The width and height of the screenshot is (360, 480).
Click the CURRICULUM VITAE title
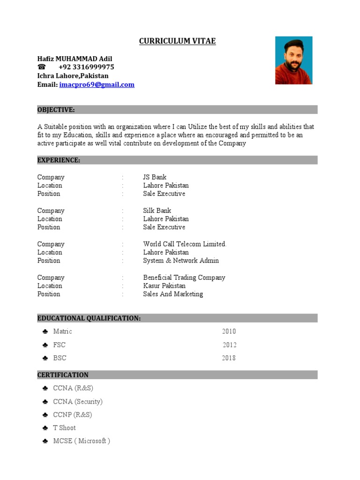click(177, 41)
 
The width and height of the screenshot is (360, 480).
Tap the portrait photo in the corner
click(293, 60)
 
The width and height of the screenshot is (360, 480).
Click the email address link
click(97, 85)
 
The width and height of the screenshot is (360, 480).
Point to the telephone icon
click(42, 67)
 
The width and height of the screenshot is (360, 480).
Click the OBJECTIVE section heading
click(56, 110)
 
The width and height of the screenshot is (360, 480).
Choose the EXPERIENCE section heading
click(59, 160)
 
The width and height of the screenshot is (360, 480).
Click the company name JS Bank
click(155, 177)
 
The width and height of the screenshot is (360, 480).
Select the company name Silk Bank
click(157, 210)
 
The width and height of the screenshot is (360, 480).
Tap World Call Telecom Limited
click(185, 244)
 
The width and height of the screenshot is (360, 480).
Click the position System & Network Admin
click(181, 261)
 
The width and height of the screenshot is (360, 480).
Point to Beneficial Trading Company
click(184, 277)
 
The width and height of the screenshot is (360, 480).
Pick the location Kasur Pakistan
click(164, 286)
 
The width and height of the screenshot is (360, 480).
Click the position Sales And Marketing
click(173, 294)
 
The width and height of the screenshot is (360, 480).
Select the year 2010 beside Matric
click(229, 331)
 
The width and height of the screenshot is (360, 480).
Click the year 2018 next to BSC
click(229, 358)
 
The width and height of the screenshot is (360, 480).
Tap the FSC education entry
click(59, 345)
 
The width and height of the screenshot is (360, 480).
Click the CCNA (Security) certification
click(78, 402)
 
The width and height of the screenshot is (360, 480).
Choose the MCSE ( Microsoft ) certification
click(82, 441)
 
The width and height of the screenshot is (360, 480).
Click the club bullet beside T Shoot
click(45, 428)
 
